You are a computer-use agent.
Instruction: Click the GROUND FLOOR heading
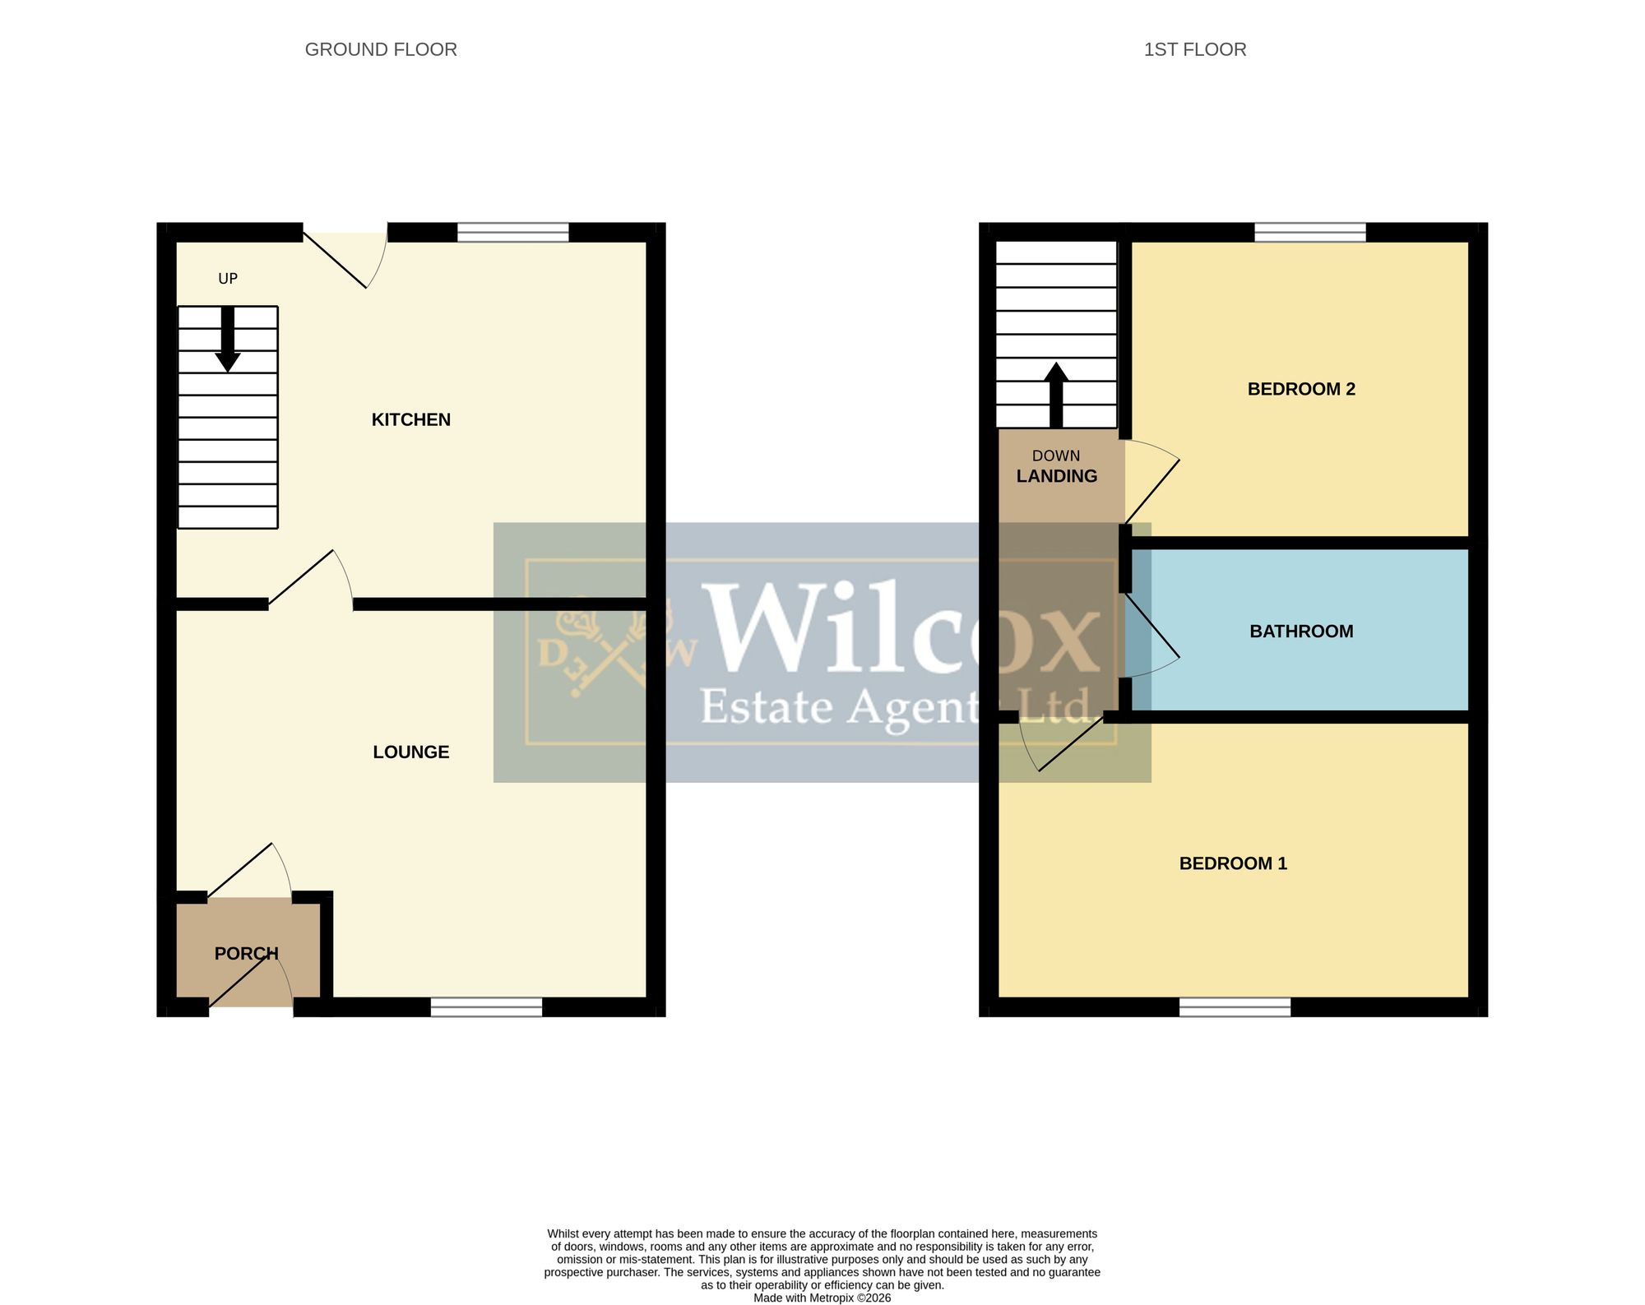point(381,49)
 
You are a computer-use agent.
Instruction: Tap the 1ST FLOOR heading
point(1195,49)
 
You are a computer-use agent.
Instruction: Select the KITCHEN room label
point(411,420)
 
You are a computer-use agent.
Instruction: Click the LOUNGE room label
point(411,752)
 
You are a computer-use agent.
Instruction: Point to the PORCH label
point(247,954)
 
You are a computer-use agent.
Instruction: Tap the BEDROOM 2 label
point(1301,390)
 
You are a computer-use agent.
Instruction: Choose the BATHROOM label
point(1301,632)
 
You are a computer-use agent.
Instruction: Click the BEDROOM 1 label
point(1233,863)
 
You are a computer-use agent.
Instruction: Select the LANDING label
point(1057,476)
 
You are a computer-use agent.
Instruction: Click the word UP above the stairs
point(228,279)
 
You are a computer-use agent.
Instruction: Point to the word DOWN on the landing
point(1056,456)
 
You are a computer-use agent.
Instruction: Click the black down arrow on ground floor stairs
point(228,340)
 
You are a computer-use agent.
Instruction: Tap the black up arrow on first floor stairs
point(1056,396)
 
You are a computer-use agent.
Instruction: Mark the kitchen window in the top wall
point(513,232)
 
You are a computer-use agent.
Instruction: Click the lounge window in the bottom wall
point(487,1007)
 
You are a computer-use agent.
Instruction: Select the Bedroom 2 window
point(1310,232)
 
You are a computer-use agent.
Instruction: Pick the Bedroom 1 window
point(1235,1007)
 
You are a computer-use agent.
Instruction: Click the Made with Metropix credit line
point(822,1298)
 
